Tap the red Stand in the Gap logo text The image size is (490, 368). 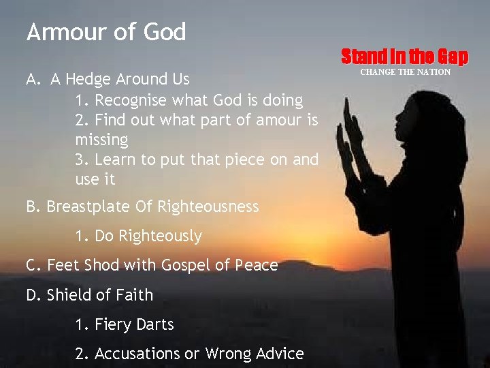click(404, 56)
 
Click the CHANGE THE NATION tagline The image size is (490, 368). click(405, 72)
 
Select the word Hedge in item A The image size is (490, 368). click(89, 80)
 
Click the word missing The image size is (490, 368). click(101, 140)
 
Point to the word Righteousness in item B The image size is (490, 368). click(208, 206)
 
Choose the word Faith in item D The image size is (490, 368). click(134, 295)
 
